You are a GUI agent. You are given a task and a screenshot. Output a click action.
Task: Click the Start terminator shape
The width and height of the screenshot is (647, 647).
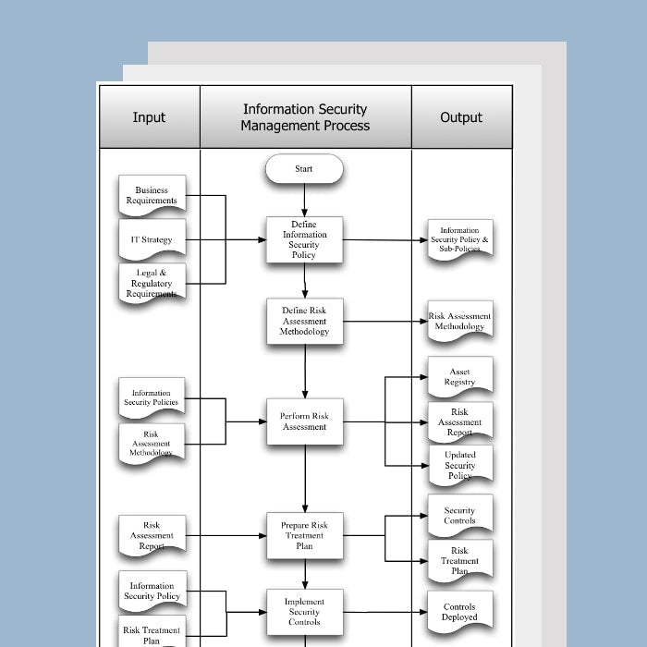304,169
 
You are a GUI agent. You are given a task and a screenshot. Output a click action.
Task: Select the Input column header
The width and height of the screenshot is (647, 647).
149,117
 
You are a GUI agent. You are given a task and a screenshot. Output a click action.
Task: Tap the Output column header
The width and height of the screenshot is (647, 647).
461,117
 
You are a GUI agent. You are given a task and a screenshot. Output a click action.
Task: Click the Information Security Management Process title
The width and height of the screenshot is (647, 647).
305,117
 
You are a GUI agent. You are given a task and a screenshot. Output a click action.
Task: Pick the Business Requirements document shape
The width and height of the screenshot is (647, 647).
152,195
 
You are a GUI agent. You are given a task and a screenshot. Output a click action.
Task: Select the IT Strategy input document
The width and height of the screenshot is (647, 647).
152,239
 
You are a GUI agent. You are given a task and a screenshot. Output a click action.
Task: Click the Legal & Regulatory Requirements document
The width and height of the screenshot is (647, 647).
152,283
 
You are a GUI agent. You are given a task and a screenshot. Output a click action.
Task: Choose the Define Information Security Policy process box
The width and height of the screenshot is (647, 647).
304,239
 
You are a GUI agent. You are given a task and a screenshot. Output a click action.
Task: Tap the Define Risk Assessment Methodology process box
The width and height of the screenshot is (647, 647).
304,322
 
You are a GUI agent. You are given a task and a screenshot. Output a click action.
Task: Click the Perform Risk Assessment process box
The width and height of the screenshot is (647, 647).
304,421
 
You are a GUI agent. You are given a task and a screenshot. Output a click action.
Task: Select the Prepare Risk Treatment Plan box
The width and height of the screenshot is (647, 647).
304,535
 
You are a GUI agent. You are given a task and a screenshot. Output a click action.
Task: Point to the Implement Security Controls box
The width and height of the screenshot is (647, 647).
304,612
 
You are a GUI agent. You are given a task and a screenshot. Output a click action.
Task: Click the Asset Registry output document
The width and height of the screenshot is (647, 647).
459,377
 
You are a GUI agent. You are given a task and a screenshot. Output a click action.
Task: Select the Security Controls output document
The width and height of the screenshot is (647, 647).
459,515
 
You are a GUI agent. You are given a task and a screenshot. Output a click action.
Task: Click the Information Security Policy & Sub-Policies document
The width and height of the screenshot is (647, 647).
459,240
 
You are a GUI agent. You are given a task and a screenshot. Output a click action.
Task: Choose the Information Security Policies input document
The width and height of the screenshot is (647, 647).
152,398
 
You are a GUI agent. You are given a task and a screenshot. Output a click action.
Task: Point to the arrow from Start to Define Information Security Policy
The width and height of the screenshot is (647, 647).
304,200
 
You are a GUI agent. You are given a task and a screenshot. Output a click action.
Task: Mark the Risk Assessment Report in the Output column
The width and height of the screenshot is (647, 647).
459,421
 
